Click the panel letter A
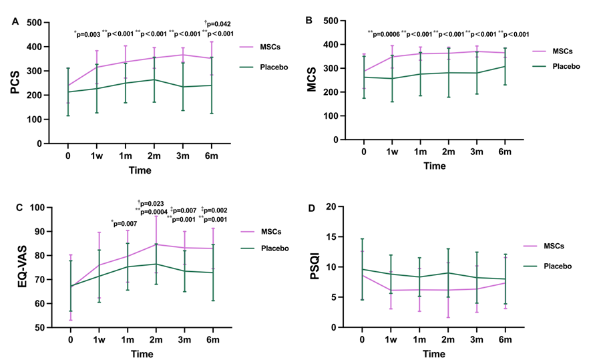click(x=15, y=22)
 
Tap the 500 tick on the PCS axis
click(x=35, y=23)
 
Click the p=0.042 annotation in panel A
click(x=217, y=24)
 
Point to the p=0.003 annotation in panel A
click(x=87, y=35)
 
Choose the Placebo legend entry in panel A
click(x=264, y=67)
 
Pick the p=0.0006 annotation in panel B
click(x=384, y=34)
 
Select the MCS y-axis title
click(x=312, y=79)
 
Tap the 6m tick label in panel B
click(x=505, y=152)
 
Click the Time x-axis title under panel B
click(x=434, y=166)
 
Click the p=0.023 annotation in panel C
click(x=151, y=204)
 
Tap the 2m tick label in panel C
click(x=156, y=340)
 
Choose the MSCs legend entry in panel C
click(x=261, y=232)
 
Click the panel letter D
click(x=312, y=208)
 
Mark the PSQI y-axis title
click(x=315, y=266)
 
